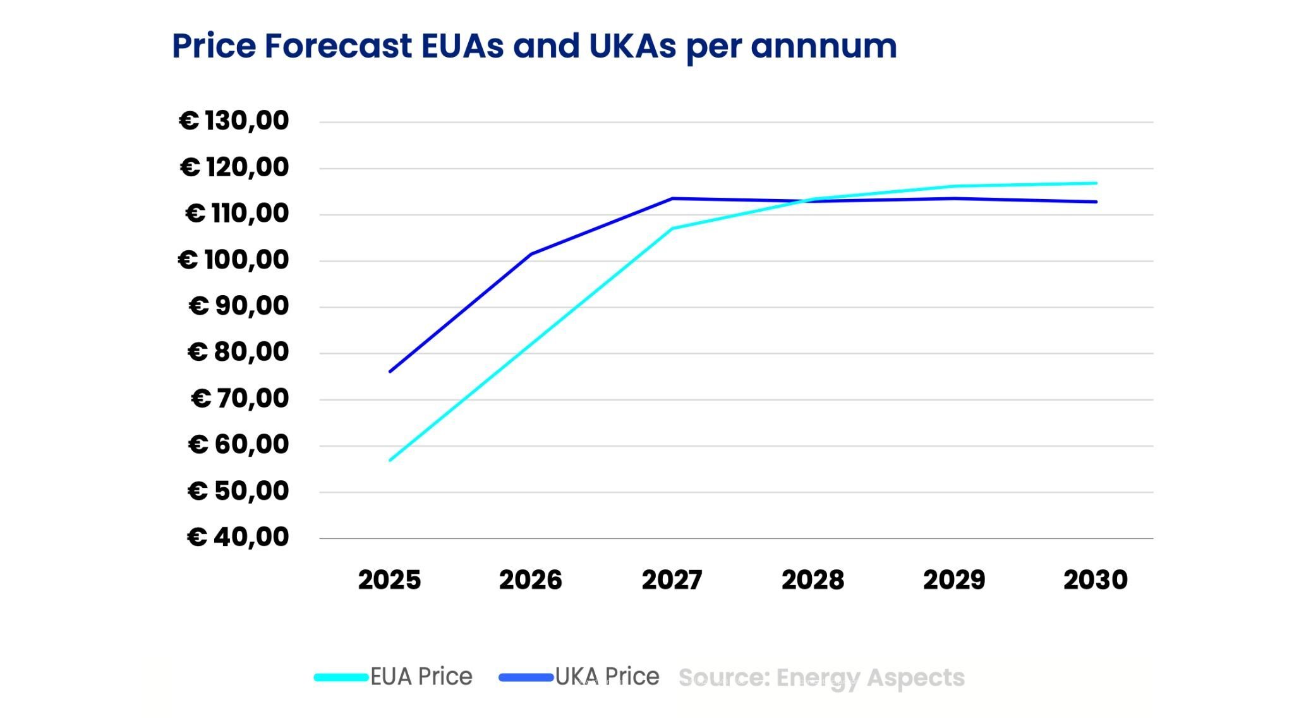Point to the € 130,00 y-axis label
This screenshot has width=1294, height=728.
(234, 120)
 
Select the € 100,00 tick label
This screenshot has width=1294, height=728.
(233, 259)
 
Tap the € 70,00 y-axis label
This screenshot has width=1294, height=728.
(239, 398)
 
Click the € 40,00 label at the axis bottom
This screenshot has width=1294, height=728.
(238, 537)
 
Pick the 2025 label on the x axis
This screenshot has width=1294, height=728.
(389, 579)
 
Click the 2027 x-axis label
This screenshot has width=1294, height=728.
(672, 579)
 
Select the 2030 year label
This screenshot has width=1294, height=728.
(1095, 579)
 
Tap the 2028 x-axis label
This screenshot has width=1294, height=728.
(813, 579)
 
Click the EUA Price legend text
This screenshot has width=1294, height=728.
(421, 677)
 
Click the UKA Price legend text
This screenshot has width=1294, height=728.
(607, 677)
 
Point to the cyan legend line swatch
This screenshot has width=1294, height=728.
(341, 677)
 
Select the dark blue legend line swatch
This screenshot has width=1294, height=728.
(526, 677)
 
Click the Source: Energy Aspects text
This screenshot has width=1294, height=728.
(821, 677)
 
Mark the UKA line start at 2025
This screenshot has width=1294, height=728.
(390, 371)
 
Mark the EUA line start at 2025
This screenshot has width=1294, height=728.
(390, 459)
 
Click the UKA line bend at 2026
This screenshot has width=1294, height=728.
(531, 254)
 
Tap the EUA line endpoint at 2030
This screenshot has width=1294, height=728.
(1095, 183)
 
